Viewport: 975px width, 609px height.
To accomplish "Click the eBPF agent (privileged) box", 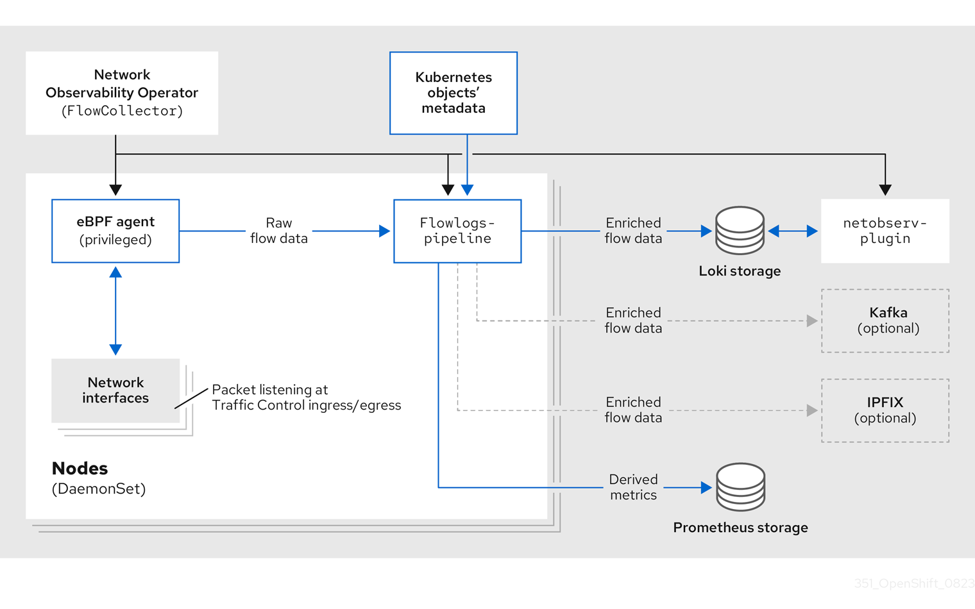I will click(115, 231).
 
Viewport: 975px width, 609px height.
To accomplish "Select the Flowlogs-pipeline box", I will click(457, 231).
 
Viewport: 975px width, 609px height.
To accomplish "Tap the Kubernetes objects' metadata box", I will click(454, 93).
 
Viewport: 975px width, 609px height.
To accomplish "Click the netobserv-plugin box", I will click(885, 231).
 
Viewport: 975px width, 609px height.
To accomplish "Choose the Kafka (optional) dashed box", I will click(885, 321).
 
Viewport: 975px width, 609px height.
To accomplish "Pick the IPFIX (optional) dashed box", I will click(885, 410).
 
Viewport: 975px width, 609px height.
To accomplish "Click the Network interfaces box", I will click(115, 390).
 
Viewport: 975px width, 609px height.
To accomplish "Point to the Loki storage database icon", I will click(740, 231).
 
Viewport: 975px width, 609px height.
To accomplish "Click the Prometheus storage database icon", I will click(741, 487).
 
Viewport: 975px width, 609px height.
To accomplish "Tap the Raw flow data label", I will click(279, 231).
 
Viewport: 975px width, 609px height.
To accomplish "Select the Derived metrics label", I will click(633, 487).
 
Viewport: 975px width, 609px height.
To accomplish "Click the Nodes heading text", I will click(80, 468).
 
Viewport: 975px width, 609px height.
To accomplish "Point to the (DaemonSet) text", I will click(99, 489).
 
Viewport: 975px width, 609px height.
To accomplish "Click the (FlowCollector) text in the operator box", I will click(122, 111).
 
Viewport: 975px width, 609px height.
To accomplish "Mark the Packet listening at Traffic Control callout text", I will click(306, 397).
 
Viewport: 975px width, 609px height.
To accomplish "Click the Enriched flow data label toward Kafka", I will click(633, 321).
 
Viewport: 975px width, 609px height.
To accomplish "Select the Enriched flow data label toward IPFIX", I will click(633, 410).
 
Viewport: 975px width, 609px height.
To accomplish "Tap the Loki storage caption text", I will click(740, 271).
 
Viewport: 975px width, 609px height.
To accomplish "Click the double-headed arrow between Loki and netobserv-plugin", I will click(793, 231).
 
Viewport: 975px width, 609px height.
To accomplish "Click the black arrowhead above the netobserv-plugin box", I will click(885, 190).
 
